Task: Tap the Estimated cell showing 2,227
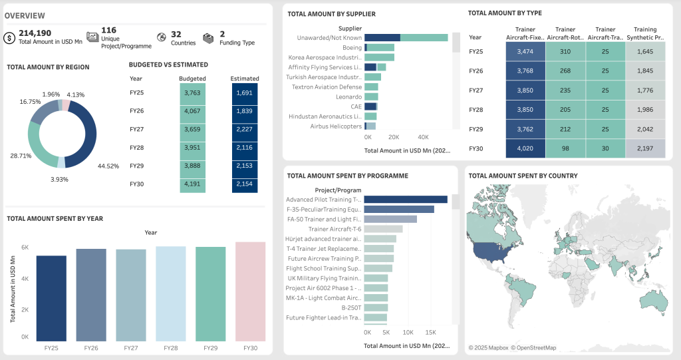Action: pyautogui.click(x=245, y=130)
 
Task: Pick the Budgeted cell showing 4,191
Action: pyautogui.click(x=193, y=184)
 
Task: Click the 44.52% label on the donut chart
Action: pyautogui.click(x=108, y=166)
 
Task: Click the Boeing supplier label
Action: pyautogui.click(x=352, y=48)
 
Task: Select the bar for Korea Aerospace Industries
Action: pyautogui.click(x=380, y=57)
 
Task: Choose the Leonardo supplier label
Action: pyautogui.click(x=349, y=96)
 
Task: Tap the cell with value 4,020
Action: pyautogui.click(x=525, y=149)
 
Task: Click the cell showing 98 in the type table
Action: pyautogui.click(x=565, y=149)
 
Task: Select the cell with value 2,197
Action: pyautogui.click(x=645, y=149)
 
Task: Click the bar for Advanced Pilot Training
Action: pyautogui.click(x=406, y=199)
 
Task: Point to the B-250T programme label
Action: pyautogui.click(x=351, y=308)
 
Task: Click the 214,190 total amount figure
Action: pyautogui.click(x=35, y=33)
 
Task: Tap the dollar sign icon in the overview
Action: pyautogui.click(x=10, y=37)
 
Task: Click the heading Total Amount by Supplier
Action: pyautogui.click(x=331, y=13)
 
